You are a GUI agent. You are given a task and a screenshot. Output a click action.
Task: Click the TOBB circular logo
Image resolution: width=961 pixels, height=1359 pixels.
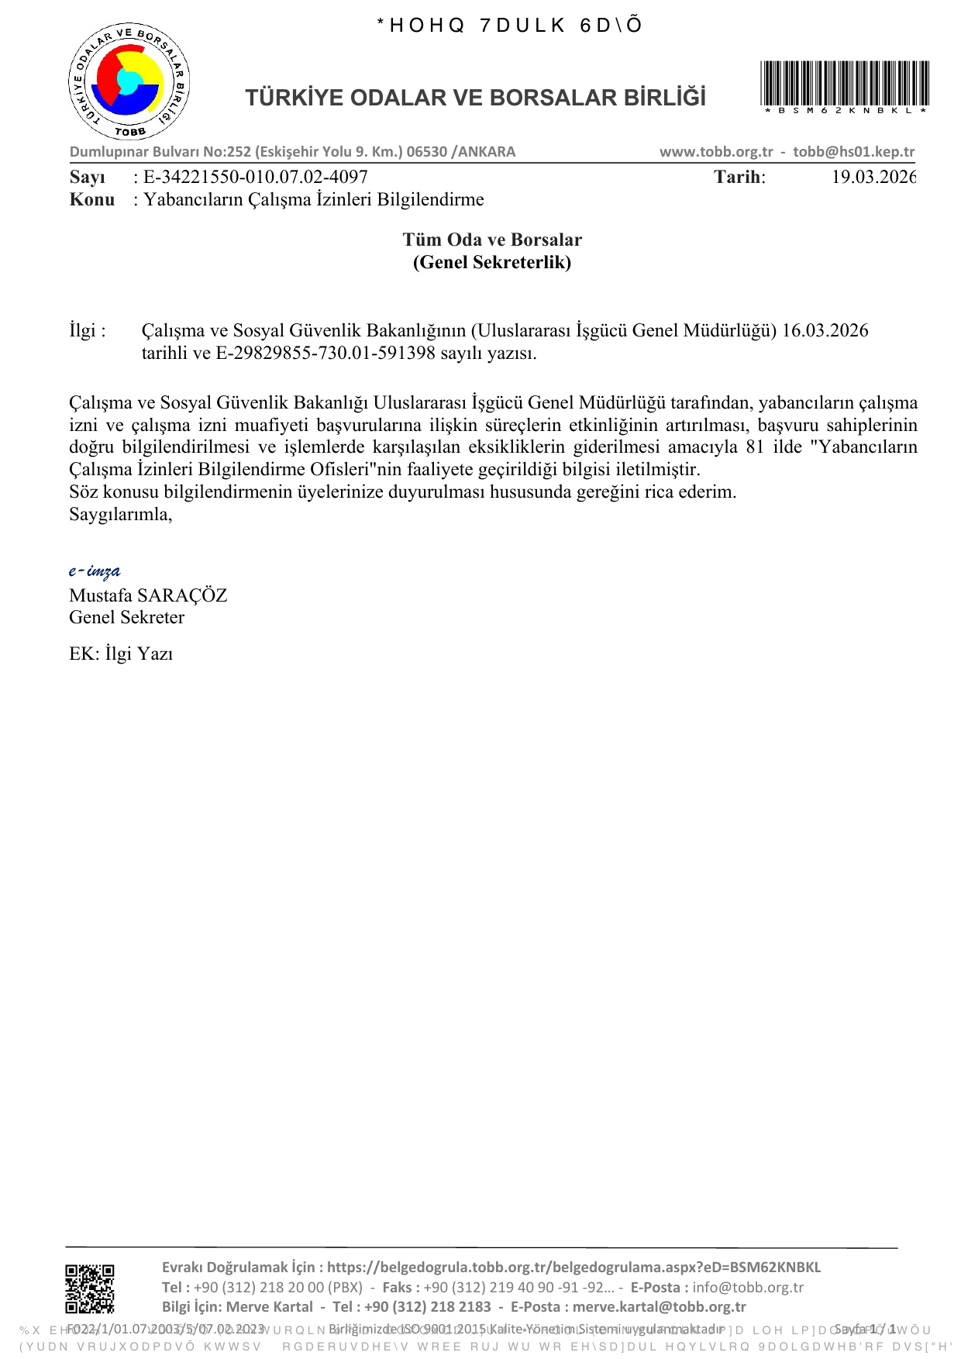click(129, 82)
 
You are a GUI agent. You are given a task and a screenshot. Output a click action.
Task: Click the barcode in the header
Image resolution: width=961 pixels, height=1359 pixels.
click(845, 85)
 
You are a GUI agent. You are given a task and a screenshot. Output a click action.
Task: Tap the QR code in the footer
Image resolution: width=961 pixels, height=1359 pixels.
click(90, 1288)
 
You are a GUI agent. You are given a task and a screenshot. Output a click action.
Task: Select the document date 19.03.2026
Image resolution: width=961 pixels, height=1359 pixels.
click(873, 177)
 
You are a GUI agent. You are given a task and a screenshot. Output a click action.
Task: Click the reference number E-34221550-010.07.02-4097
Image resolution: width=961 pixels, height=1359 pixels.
click(256, 177)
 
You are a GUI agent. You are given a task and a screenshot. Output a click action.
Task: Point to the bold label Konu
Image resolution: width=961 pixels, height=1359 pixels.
click(91, 199)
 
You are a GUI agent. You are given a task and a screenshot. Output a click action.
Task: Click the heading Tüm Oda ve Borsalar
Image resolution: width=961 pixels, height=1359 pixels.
click(492, 240)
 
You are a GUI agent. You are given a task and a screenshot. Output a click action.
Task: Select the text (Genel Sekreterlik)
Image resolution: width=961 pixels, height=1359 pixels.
click(492, 262)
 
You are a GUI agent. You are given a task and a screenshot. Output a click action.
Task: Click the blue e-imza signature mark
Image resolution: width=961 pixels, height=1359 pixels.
click(95, 571)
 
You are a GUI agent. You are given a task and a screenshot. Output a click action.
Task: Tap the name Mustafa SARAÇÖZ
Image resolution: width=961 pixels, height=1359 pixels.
click(148, 595)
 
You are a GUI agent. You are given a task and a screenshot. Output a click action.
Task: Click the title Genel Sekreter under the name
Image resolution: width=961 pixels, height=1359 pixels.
click(126, 617)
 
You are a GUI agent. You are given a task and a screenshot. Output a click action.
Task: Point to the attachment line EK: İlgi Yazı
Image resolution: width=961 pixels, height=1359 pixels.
click(121, 654)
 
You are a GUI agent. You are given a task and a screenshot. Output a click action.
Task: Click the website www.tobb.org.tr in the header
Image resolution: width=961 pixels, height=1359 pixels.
click(716, 152)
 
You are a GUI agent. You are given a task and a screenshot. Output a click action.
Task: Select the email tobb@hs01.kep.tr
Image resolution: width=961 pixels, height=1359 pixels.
click(853, 152)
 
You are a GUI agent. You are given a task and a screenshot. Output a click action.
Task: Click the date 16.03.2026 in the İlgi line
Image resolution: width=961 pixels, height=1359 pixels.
click(825, 330)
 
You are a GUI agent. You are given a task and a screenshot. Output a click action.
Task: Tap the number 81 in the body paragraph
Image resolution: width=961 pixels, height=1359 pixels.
click(755, 447)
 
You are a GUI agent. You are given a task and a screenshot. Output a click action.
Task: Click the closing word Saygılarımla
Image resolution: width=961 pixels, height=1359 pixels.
click(120, 514)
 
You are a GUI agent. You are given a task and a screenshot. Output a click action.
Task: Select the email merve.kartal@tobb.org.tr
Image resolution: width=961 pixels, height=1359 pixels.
click(659, 1306)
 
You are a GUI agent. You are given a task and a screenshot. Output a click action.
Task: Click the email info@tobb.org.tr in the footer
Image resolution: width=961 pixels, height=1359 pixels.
click(748, 1287)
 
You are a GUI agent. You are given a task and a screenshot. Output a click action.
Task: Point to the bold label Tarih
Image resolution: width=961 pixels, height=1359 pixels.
click(739, 177)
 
